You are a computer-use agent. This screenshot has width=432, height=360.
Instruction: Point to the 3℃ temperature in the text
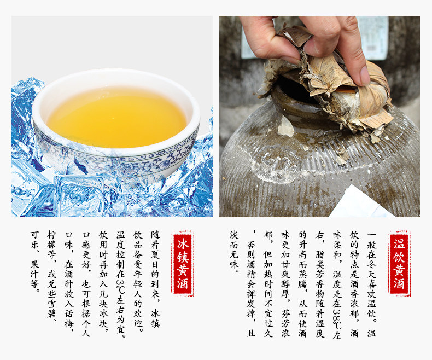[120, 286]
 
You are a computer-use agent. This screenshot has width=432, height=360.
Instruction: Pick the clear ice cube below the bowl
[79, 195]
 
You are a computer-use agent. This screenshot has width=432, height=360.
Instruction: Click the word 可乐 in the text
[34, 240]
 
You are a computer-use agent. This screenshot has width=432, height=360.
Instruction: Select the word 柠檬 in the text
[51, 240]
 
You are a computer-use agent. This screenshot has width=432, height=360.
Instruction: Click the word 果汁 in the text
[34, 269]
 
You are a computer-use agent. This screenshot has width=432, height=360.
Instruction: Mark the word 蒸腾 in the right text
[302, 279]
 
